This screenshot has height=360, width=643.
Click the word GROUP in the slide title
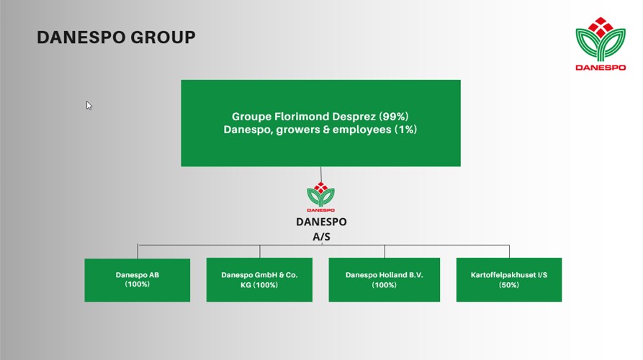163,37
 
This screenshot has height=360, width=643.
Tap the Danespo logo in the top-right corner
601,44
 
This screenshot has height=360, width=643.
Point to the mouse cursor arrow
89,105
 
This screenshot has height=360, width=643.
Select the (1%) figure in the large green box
405,130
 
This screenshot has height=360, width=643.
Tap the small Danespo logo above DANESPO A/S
320,197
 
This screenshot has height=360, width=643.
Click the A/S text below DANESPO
321,237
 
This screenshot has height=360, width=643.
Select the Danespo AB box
138,280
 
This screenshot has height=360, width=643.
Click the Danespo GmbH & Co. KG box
259,279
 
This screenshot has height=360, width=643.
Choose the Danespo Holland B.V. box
385,279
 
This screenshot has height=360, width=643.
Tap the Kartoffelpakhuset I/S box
509,279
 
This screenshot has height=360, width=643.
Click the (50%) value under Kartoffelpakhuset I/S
509,285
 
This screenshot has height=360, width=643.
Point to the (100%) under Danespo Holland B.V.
385,285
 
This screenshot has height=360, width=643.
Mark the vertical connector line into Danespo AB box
138,251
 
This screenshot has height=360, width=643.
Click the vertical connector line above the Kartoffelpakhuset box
509,251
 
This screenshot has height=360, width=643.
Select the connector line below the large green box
320,174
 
